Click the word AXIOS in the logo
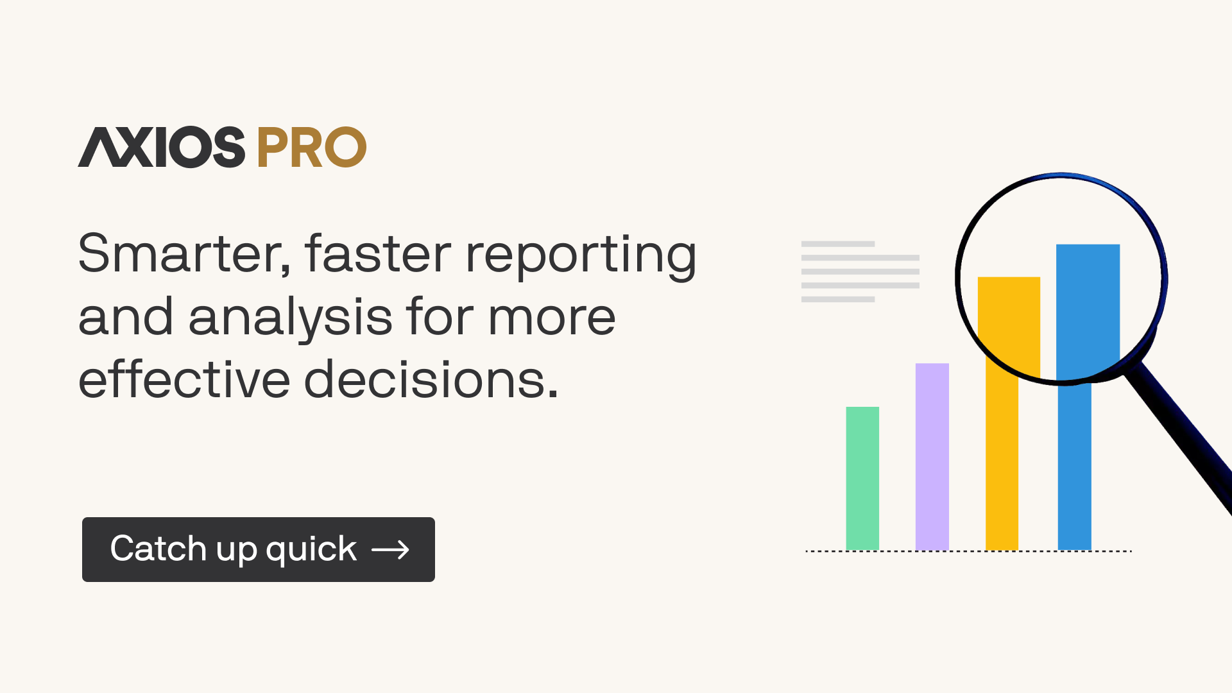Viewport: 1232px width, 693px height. click(x=161, y=147)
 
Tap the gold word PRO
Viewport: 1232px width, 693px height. click(x=312, y=148)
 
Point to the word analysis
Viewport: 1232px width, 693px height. click(x=291, y=318)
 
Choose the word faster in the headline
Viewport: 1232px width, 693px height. click(x=378, y=253)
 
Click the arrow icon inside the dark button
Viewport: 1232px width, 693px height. click(x=390, y=550)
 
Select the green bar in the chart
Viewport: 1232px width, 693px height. click(x=862, y=478)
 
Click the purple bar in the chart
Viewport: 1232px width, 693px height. click(x=932, y=456)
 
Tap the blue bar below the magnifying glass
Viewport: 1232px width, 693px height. click(x=1074, y=466)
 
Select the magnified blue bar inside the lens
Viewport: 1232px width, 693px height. click(x=1088, y=312)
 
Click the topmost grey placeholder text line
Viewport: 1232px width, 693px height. click(x=838, y=244)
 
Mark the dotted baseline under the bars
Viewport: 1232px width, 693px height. click(x=968, y=551)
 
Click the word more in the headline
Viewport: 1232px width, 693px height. click(x=552, y=318)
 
